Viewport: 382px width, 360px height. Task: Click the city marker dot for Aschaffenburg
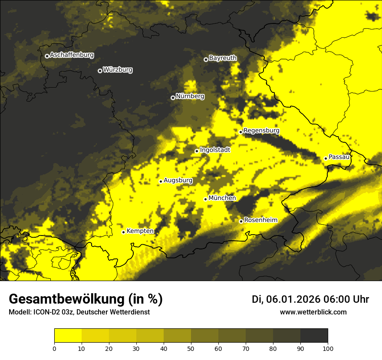[47, 56]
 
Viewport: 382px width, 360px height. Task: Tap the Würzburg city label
[118, 70]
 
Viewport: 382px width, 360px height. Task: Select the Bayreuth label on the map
[223, 58]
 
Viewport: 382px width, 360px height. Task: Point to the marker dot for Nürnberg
[173, 98]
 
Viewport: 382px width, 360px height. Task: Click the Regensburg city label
[261, 131]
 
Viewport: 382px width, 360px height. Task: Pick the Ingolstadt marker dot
[197, 151]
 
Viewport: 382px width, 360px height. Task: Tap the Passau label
[339, 157]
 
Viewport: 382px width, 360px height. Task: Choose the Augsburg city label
[178, 180]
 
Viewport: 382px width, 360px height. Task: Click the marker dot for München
[205, 199]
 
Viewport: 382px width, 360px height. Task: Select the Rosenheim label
[260, 220]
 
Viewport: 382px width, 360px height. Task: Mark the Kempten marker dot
[123, 232]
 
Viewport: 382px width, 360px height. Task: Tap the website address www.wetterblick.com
[313, 312]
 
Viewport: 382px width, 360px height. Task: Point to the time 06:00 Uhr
[346, 299]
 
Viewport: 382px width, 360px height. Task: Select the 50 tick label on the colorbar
[191, 348]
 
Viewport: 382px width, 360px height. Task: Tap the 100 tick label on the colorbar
[328, 348]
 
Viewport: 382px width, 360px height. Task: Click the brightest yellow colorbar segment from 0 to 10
[68, 335]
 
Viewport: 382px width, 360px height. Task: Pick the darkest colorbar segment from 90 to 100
[314, 335]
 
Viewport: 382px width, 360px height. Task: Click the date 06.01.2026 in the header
[293, 299]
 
